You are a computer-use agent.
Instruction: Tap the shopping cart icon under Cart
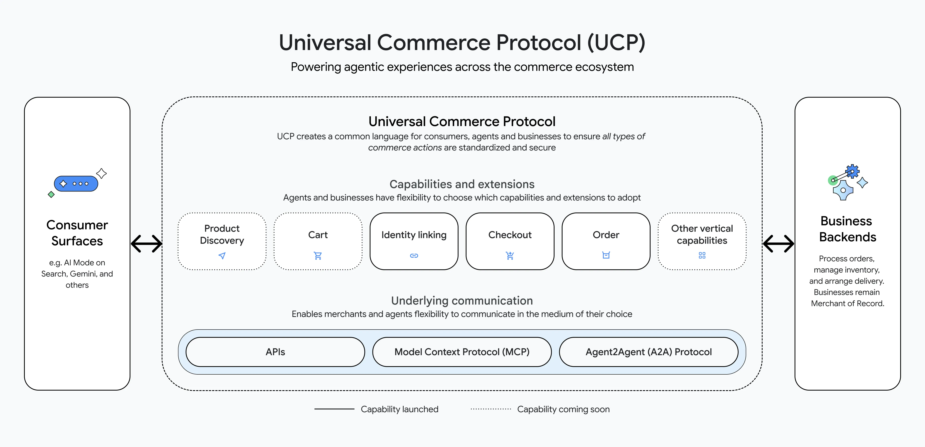(318, 256)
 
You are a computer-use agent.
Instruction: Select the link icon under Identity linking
(414, 256)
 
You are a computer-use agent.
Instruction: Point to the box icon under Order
(606, 255)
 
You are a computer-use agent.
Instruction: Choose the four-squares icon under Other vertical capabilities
(702, 255)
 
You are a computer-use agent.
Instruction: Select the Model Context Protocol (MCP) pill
(462, 352)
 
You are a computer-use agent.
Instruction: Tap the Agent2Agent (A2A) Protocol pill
(649, 352)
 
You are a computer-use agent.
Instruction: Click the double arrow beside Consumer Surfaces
(146, 244)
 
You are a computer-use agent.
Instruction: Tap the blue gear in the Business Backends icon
(852, 171)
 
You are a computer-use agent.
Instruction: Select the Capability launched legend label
(399, 409)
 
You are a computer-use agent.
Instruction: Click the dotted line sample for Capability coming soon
(491, 409)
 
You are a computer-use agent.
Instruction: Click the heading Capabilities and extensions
(462, 184)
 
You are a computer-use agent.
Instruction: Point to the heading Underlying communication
(462, 301)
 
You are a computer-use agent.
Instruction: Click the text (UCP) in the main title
(616, 42)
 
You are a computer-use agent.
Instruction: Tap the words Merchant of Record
(847, 303)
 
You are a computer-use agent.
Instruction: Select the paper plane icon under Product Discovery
(222, 256)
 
